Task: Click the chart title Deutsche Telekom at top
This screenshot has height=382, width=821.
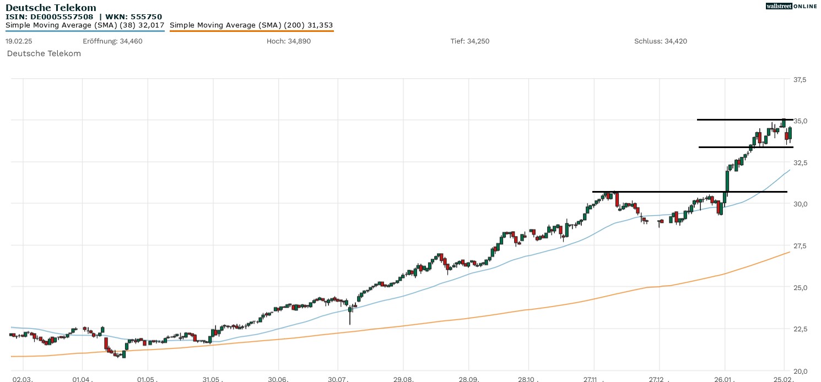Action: [x=51, y=8]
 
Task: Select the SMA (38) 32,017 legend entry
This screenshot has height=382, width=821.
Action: [x=85, y=25]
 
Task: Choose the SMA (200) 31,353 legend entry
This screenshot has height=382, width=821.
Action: [x=251, y=25]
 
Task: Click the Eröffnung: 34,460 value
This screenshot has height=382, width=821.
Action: [x=112, y=41]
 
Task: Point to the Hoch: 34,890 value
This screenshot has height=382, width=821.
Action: [x=288, y=41]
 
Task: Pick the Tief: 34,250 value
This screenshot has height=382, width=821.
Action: [x=469, y=41]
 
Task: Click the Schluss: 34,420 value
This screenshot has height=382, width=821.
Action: [x=661, y=41]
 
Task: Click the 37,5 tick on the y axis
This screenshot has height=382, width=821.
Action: [x=799, y=80]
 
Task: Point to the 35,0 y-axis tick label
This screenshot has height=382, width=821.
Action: [x=799, y=121]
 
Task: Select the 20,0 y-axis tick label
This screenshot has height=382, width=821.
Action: [x=799, y=370]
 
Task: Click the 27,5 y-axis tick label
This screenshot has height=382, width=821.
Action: [x=799, y=245]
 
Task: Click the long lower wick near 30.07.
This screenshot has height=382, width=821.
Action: [x=350, y=318]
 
